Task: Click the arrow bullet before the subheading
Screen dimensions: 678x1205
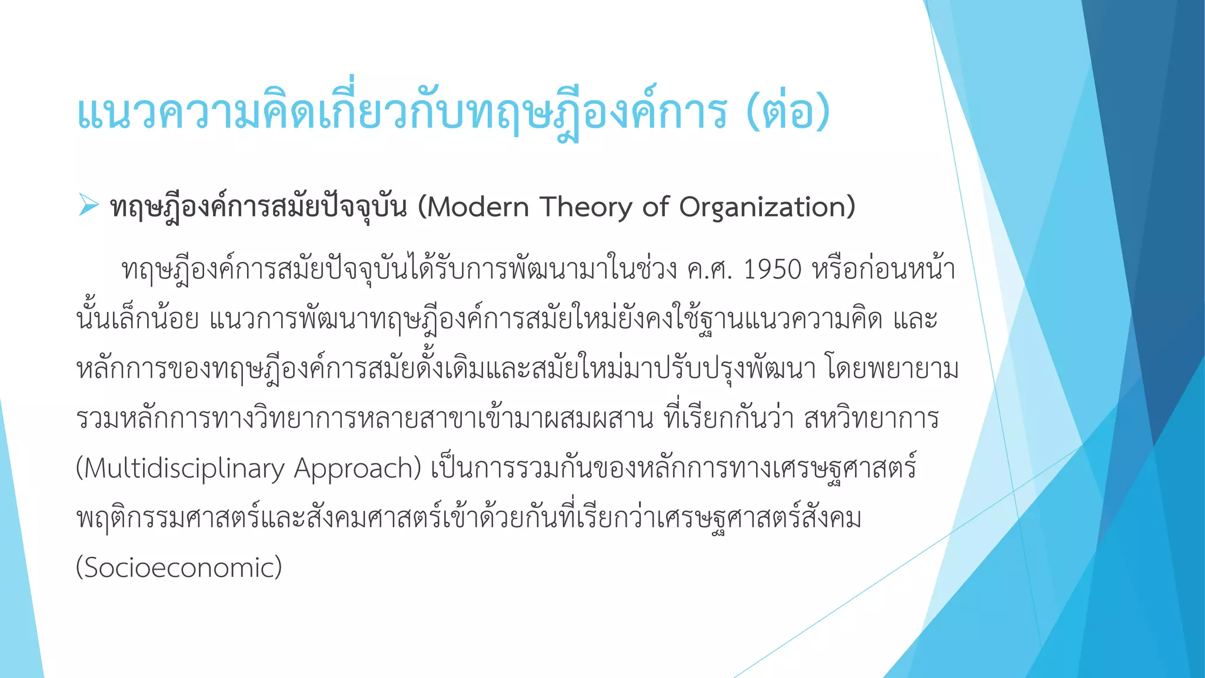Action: point(88,205)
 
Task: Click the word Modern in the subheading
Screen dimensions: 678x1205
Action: point(477,207)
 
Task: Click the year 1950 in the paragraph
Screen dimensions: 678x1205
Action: point(773,270)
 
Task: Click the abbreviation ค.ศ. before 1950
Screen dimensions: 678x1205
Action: point(709,270)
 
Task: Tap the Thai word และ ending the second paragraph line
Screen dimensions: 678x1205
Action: point(915,320)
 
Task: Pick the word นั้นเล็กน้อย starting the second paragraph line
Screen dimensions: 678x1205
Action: point(138,320)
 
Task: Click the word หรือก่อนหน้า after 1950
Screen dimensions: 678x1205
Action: point(883,270)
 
